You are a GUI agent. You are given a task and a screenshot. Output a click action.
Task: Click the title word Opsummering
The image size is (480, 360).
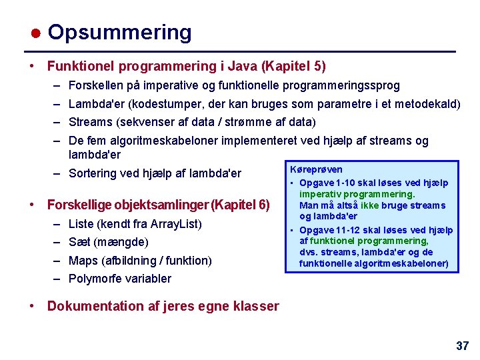pos(119,32)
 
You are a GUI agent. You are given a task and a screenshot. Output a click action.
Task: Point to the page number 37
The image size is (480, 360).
pos(462,345)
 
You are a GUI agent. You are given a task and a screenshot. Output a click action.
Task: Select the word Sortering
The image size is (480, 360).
pos(93,173)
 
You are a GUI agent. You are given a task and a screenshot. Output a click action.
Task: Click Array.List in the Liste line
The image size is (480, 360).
pos(175,223)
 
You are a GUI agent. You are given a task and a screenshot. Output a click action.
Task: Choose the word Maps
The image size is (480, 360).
pos(83,260)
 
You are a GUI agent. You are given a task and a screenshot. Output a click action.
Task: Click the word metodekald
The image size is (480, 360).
pos(427,104)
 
